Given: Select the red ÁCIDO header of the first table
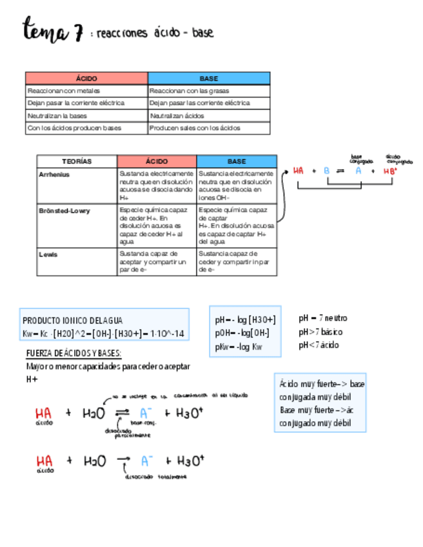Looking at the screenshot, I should (x=86, y=79).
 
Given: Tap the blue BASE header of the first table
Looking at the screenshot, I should (x=208, y=79).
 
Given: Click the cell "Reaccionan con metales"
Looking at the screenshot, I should (x=64, y=91).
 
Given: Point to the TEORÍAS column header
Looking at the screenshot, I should (x=77, y=161).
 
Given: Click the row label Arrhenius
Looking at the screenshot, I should (x=54, y=175).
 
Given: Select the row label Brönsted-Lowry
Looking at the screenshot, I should (x=64, y=211).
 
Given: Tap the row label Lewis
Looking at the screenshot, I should (x=48, y=254).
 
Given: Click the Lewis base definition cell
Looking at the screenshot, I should (x=236, y=262).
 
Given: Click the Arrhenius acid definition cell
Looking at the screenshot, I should (x=157, y=186).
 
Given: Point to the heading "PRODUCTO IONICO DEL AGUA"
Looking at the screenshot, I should (x=72, y=321).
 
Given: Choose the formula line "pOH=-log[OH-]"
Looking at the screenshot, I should (x=242, y=333).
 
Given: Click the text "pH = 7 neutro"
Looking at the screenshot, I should (x=323, y=318).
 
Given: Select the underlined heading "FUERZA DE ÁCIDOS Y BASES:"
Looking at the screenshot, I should (x=74, y=353).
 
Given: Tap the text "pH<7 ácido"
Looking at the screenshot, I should (x=319, y=345).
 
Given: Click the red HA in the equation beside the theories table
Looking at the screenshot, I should (x=298, y=171).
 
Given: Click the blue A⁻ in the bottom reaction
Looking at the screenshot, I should (x=147, y=461).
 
